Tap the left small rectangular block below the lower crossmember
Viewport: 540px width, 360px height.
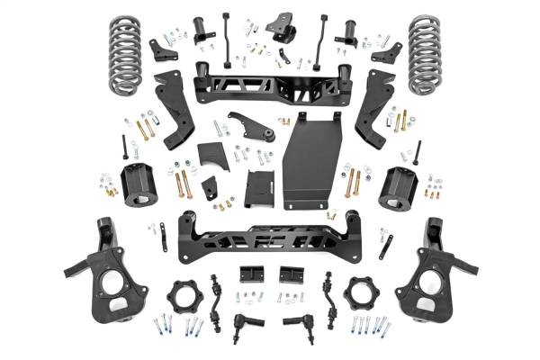click(250, 274)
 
